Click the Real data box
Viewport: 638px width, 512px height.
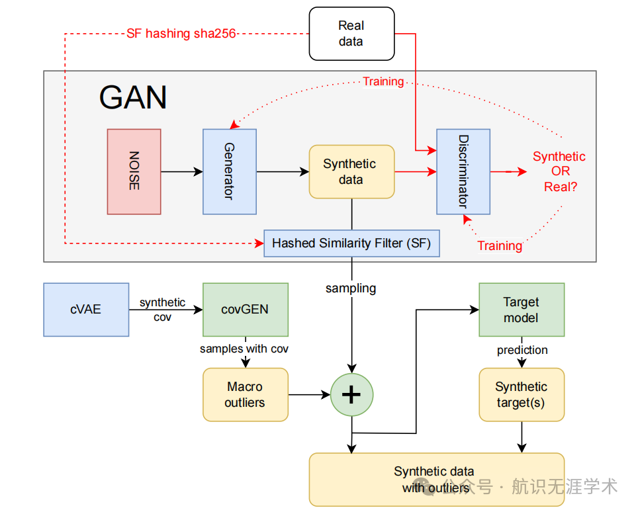(351, 34)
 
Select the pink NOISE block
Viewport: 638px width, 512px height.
(134, 171)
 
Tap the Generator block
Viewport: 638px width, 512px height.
(230, 171)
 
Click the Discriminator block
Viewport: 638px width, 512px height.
(463, 171)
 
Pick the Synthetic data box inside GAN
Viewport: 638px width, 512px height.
(351, 171)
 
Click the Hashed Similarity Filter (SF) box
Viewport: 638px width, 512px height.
(351, 243)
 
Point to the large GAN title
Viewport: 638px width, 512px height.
(133, 98)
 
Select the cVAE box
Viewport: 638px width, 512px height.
(86, 310)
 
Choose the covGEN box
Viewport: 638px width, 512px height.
(246, 310)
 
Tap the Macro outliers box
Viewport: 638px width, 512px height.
(246, 394)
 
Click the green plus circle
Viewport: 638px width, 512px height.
(351, 394)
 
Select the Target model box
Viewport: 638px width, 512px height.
(522, 310)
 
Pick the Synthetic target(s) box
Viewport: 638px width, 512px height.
(522, 394)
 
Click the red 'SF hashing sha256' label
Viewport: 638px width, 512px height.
(181, 33)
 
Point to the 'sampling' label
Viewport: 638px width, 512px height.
(351, 288)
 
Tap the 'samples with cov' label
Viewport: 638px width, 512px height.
(244, 349)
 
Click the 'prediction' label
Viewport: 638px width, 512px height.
(522, 350)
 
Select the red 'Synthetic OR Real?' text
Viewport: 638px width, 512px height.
(559, 171)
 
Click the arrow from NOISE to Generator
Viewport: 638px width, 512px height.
(182, 171)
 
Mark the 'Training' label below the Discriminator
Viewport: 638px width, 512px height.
(500, 245)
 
